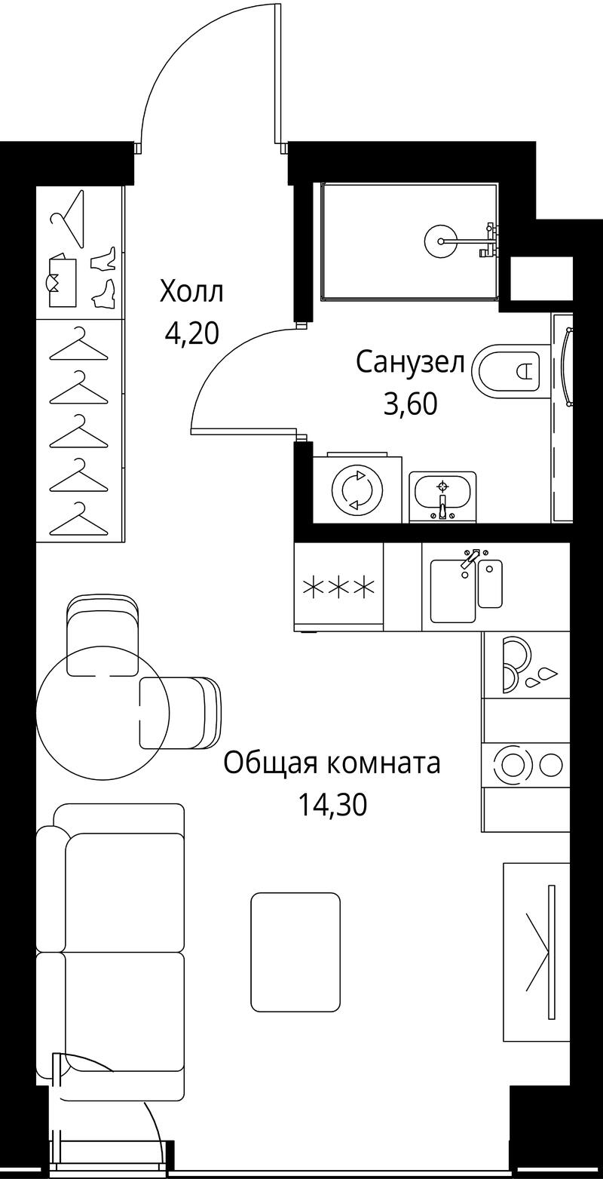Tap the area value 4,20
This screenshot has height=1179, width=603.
click(191, 333)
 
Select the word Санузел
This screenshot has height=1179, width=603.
click(410, 363)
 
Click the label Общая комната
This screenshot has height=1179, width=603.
click(332, 763)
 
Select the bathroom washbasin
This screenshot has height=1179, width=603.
click(443, 496)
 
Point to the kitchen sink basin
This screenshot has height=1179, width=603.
click(453, 590)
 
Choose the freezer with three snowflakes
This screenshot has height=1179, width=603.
click(339, 586)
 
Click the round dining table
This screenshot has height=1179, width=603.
click(103, 713)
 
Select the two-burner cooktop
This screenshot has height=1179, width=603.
click(525, 765)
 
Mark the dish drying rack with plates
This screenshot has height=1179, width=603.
click(525, 665)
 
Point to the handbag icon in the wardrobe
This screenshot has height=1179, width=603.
click(63, 280)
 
